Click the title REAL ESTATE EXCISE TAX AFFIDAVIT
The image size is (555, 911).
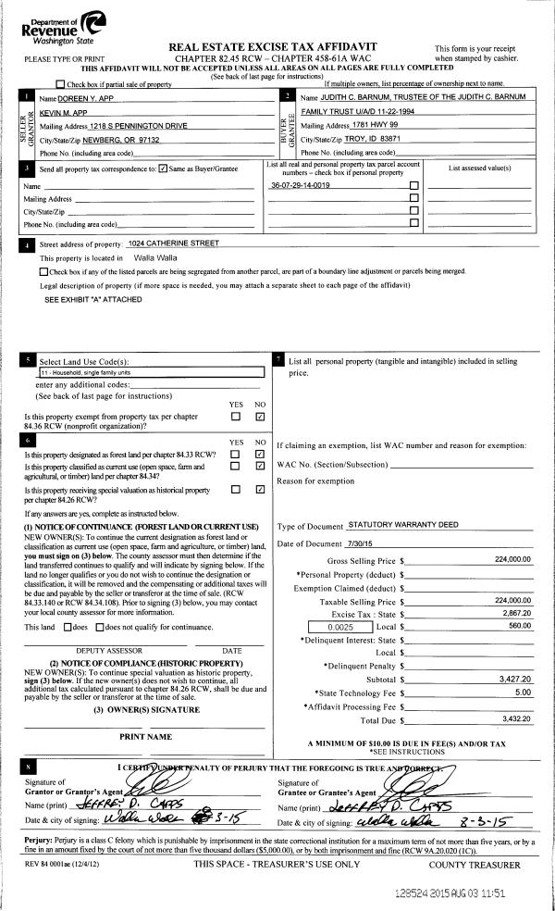click(x=277, y=45)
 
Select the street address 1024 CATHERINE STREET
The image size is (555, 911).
click(x=175, y=243)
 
